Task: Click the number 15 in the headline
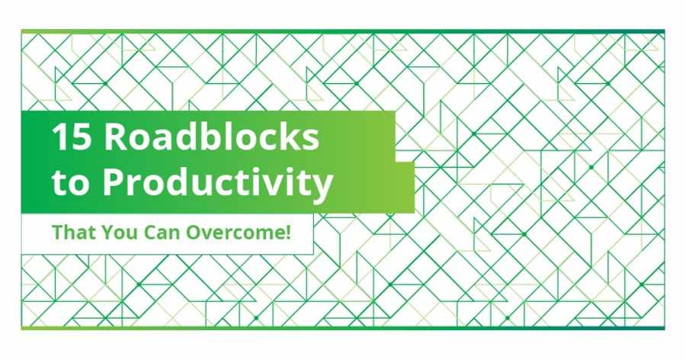click(72, 137)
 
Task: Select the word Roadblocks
click(211, 137)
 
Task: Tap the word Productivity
click(218, 183)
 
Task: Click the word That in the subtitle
click(73, 232)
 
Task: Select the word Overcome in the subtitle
click(235, 232)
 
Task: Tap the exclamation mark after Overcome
click(287, 232)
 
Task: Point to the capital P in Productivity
click(114, 182)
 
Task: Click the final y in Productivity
click(322, 188)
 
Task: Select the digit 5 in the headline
click(82, 137)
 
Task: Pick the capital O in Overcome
click(194, 233)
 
